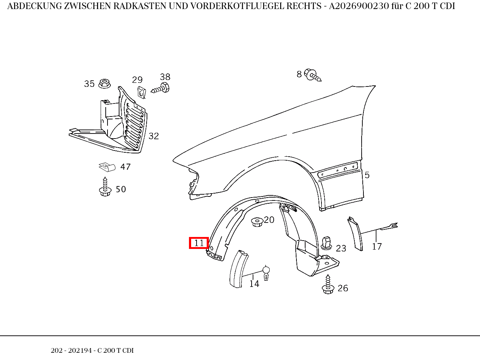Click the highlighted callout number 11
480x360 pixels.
199,243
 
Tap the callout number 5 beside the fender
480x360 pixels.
367,175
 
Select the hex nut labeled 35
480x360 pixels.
105,84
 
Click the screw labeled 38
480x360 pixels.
161,88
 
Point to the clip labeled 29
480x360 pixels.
141,92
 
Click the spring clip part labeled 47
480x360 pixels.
107,167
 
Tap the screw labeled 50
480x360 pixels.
105,187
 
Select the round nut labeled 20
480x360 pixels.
257,221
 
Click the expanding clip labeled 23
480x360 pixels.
327,242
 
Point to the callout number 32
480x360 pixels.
153,136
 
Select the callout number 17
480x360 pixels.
377,247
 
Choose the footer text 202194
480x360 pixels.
80,351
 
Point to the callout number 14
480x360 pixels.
254,284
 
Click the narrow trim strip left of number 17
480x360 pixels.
355,234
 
